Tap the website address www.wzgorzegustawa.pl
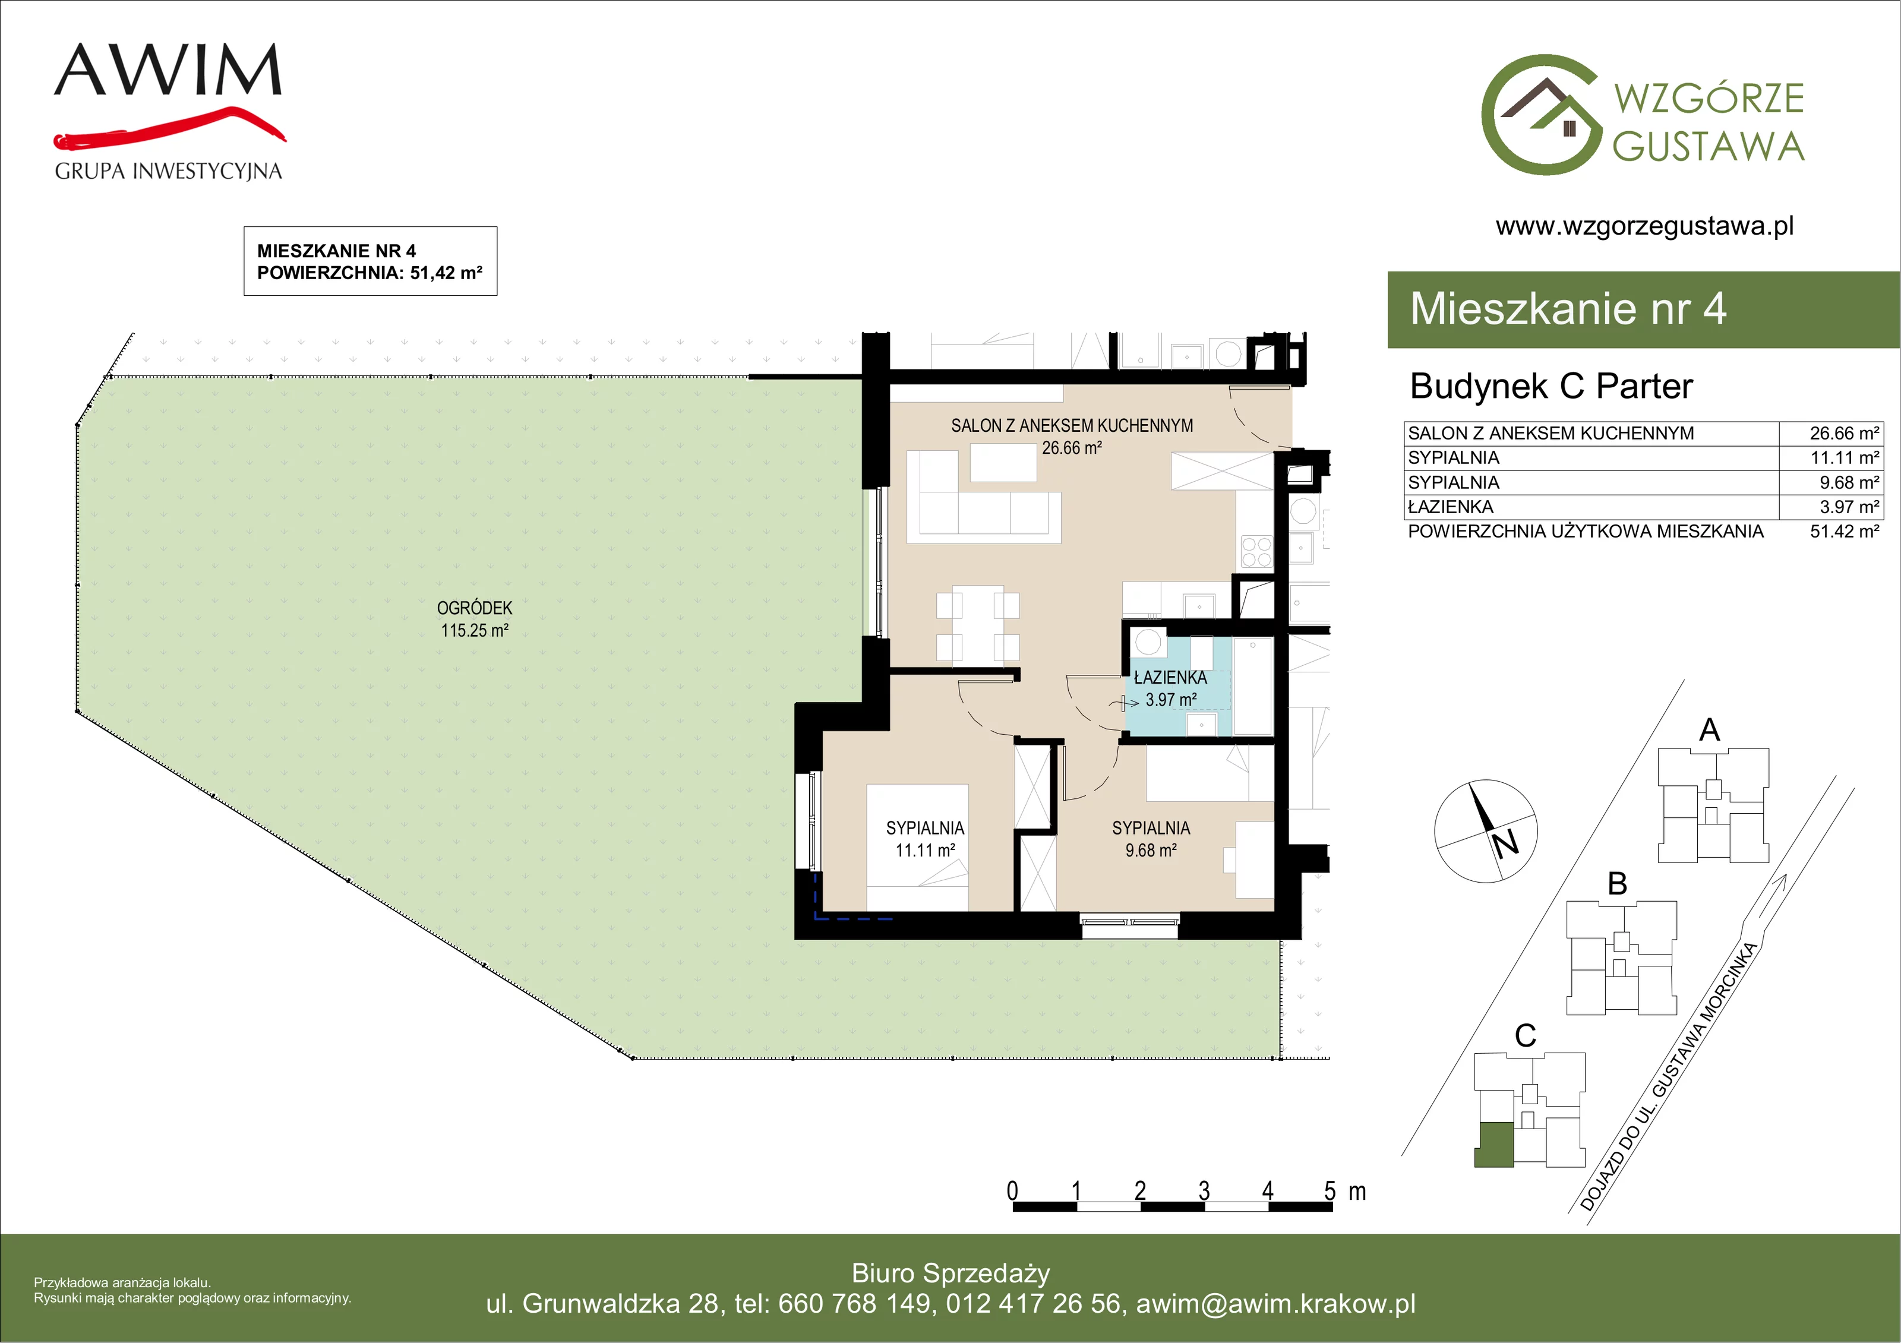(x=1644, y=226)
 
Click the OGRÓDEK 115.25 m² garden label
(x=475, y=618)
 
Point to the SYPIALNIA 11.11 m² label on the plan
(x=925, y=839)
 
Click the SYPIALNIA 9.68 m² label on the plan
(x=1151, y=839)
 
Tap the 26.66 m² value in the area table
(x=1844, y=433)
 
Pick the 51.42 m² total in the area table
(x=1844, y=531)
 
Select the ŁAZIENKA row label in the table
(x=1451, y=506)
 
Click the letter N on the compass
(x=1505, y=843)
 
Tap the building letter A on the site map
(x=1709, y=729)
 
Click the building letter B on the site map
(x=1617, y=883)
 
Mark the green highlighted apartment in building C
(x=1495, y=1143)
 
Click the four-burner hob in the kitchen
(x=1256, y=551)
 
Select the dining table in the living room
(x=978, y=624)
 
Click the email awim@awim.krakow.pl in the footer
(x=1276, y=1303)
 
